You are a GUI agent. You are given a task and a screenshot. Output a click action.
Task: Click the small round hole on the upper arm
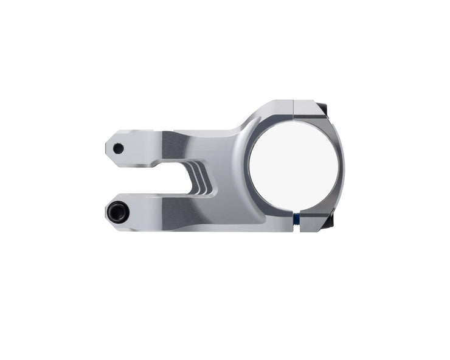tap(119, 148)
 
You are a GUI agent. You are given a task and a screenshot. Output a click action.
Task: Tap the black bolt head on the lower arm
tap(117, 212)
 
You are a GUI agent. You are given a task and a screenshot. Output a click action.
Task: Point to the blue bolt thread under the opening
tap(296, 218)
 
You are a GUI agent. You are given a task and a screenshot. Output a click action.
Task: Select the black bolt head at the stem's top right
tap(324, 109)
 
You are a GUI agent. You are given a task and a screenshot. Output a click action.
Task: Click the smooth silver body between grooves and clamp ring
tap(228, 176)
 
